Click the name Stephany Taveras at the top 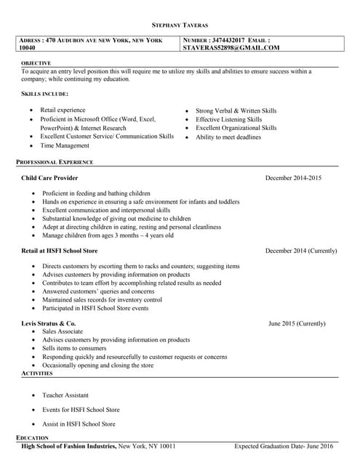(180, 25)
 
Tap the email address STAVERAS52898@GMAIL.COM (231, 48)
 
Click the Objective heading (36, 63)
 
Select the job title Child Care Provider (50, 178)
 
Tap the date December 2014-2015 (292, 178)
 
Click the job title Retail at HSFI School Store (60, 251)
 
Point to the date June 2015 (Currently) (297, 323)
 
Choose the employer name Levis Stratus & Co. (49, 323)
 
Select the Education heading (32, 438)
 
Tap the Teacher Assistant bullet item (65, 395)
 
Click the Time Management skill (65, 146)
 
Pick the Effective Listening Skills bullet (228, 119)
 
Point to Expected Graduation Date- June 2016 (284, 446)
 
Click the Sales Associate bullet (63, 331)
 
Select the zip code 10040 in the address (27, 48)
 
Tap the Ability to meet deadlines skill (228, 137)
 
